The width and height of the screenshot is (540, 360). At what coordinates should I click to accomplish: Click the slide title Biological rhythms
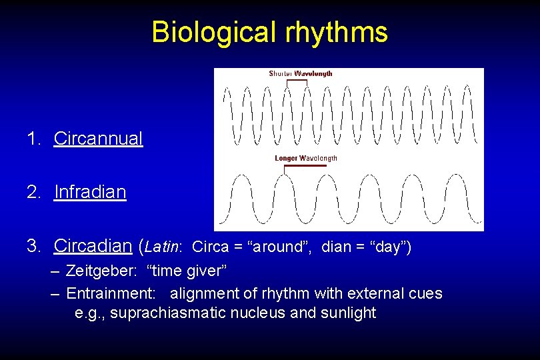(x=269, y=32)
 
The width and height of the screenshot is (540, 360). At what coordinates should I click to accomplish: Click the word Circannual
(x=98, y=139)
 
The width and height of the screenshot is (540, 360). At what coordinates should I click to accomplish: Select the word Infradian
(x=90, y=192)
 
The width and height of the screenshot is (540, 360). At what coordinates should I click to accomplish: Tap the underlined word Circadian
(x=93, y=246)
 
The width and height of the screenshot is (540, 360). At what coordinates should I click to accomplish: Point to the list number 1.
(x=32, y=139)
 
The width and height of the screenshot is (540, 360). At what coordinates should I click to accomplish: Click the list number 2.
(x=32, y=192)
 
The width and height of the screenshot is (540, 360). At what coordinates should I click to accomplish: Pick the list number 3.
(x=32, y=246)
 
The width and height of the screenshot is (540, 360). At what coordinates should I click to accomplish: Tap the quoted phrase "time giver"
(x=187, y=272)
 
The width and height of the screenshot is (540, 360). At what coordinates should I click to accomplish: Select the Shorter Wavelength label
(x=300, y=73)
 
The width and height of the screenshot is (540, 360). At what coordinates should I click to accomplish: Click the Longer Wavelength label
(x=306, y=158)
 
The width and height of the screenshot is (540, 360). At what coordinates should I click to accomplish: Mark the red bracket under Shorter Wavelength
(x=297, y=81)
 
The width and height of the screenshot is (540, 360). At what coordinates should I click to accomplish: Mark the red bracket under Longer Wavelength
(x=305, y=166)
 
